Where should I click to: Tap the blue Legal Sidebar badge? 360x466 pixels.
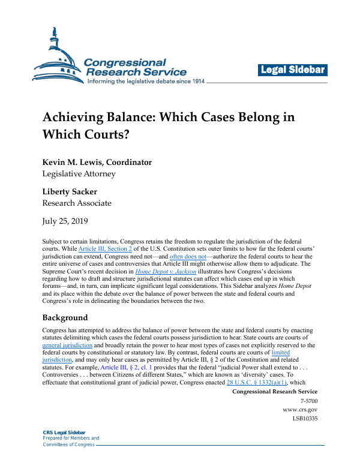coord(293,70)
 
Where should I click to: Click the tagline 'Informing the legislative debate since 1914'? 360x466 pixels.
coord(146,81)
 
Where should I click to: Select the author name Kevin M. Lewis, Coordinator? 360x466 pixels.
coord(97,162)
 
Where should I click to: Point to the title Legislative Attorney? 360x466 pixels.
coord(79,174)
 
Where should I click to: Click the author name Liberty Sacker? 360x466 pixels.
coord(70,191)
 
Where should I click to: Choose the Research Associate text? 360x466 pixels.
coord(76,203)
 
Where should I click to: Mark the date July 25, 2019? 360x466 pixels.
coord(65,221)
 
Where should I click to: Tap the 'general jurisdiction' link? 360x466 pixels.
coord(67,345)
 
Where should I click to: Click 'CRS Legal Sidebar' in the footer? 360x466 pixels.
coord(64,432)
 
